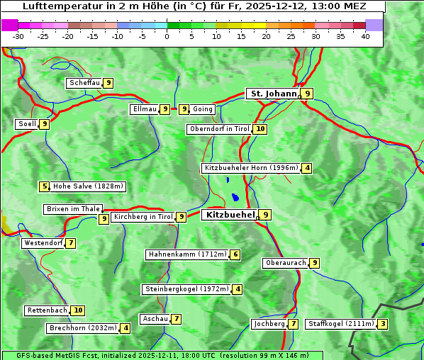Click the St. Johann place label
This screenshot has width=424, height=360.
(272, 94)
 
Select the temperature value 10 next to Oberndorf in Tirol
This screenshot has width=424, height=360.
(261, 129)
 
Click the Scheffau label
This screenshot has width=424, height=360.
(84, 83)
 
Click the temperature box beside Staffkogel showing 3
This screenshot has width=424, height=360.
(383, 324)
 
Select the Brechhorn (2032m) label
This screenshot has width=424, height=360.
(82, 328)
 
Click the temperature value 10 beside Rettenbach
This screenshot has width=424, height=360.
(78, 310)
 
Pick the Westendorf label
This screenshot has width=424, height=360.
(43, 243)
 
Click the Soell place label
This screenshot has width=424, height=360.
(27, 124)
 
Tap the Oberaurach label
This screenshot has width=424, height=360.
(285, 263)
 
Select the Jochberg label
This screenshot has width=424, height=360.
(269, 324)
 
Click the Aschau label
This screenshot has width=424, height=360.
(155, 319)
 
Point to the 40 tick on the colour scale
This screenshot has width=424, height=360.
(365, 36)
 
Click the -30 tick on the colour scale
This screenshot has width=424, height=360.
(18, 36)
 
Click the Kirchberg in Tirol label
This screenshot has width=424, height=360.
(143, 217)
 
